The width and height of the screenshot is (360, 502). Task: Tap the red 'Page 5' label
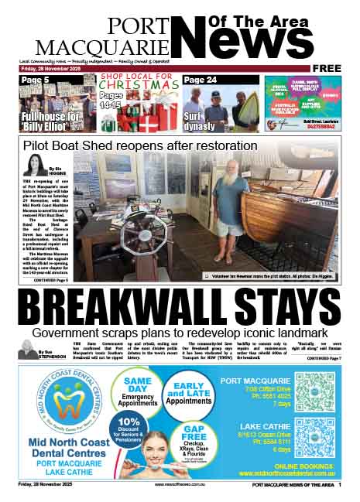[36, 80]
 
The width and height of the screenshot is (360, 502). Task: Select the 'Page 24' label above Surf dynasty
[201, 80]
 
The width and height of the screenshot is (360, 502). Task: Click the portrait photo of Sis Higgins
[33, 164]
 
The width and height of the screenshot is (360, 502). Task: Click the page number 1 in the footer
[339, 485]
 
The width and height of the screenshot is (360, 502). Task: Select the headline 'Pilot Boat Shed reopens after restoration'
[140, 145]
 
